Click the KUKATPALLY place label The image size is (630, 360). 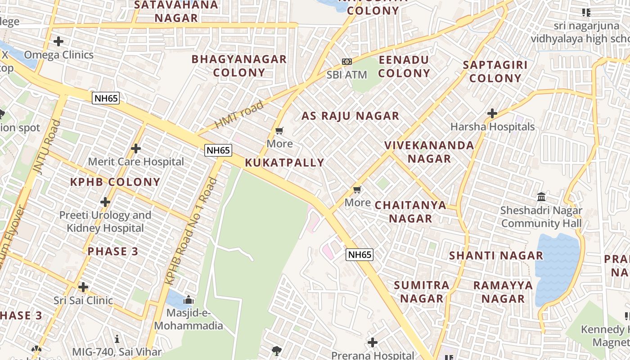click(x=284, y=162)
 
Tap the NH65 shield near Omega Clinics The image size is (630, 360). click(x=106, y=98)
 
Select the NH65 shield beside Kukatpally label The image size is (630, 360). click(x=218, y=150)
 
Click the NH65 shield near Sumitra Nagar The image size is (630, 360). click(x=360, y=255)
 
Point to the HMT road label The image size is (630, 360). click(x=239, y=115)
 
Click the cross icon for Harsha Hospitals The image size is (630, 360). click(x=492, y=113)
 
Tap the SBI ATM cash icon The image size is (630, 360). click(x=346, y=62)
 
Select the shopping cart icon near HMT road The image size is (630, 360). click(x=279, y=131)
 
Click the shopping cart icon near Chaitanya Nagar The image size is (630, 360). click(x=357, y=189)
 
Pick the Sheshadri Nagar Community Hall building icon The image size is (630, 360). click(x=541, y=197)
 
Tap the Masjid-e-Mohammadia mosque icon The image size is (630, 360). click(x=188, y=299)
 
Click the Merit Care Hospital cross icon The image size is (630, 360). click(x=136, y=148)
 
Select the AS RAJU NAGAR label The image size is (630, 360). click(x=350, y=116)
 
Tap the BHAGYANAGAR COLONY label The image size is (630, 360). click(x=239, y=66)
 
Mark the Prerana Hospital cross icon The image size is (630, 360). click(x=373, y=342)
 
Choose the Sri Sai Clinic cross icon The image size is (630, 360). click(x=83, y=287)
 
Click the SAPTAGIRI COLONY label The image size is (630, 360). click(x=495, y=71)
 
